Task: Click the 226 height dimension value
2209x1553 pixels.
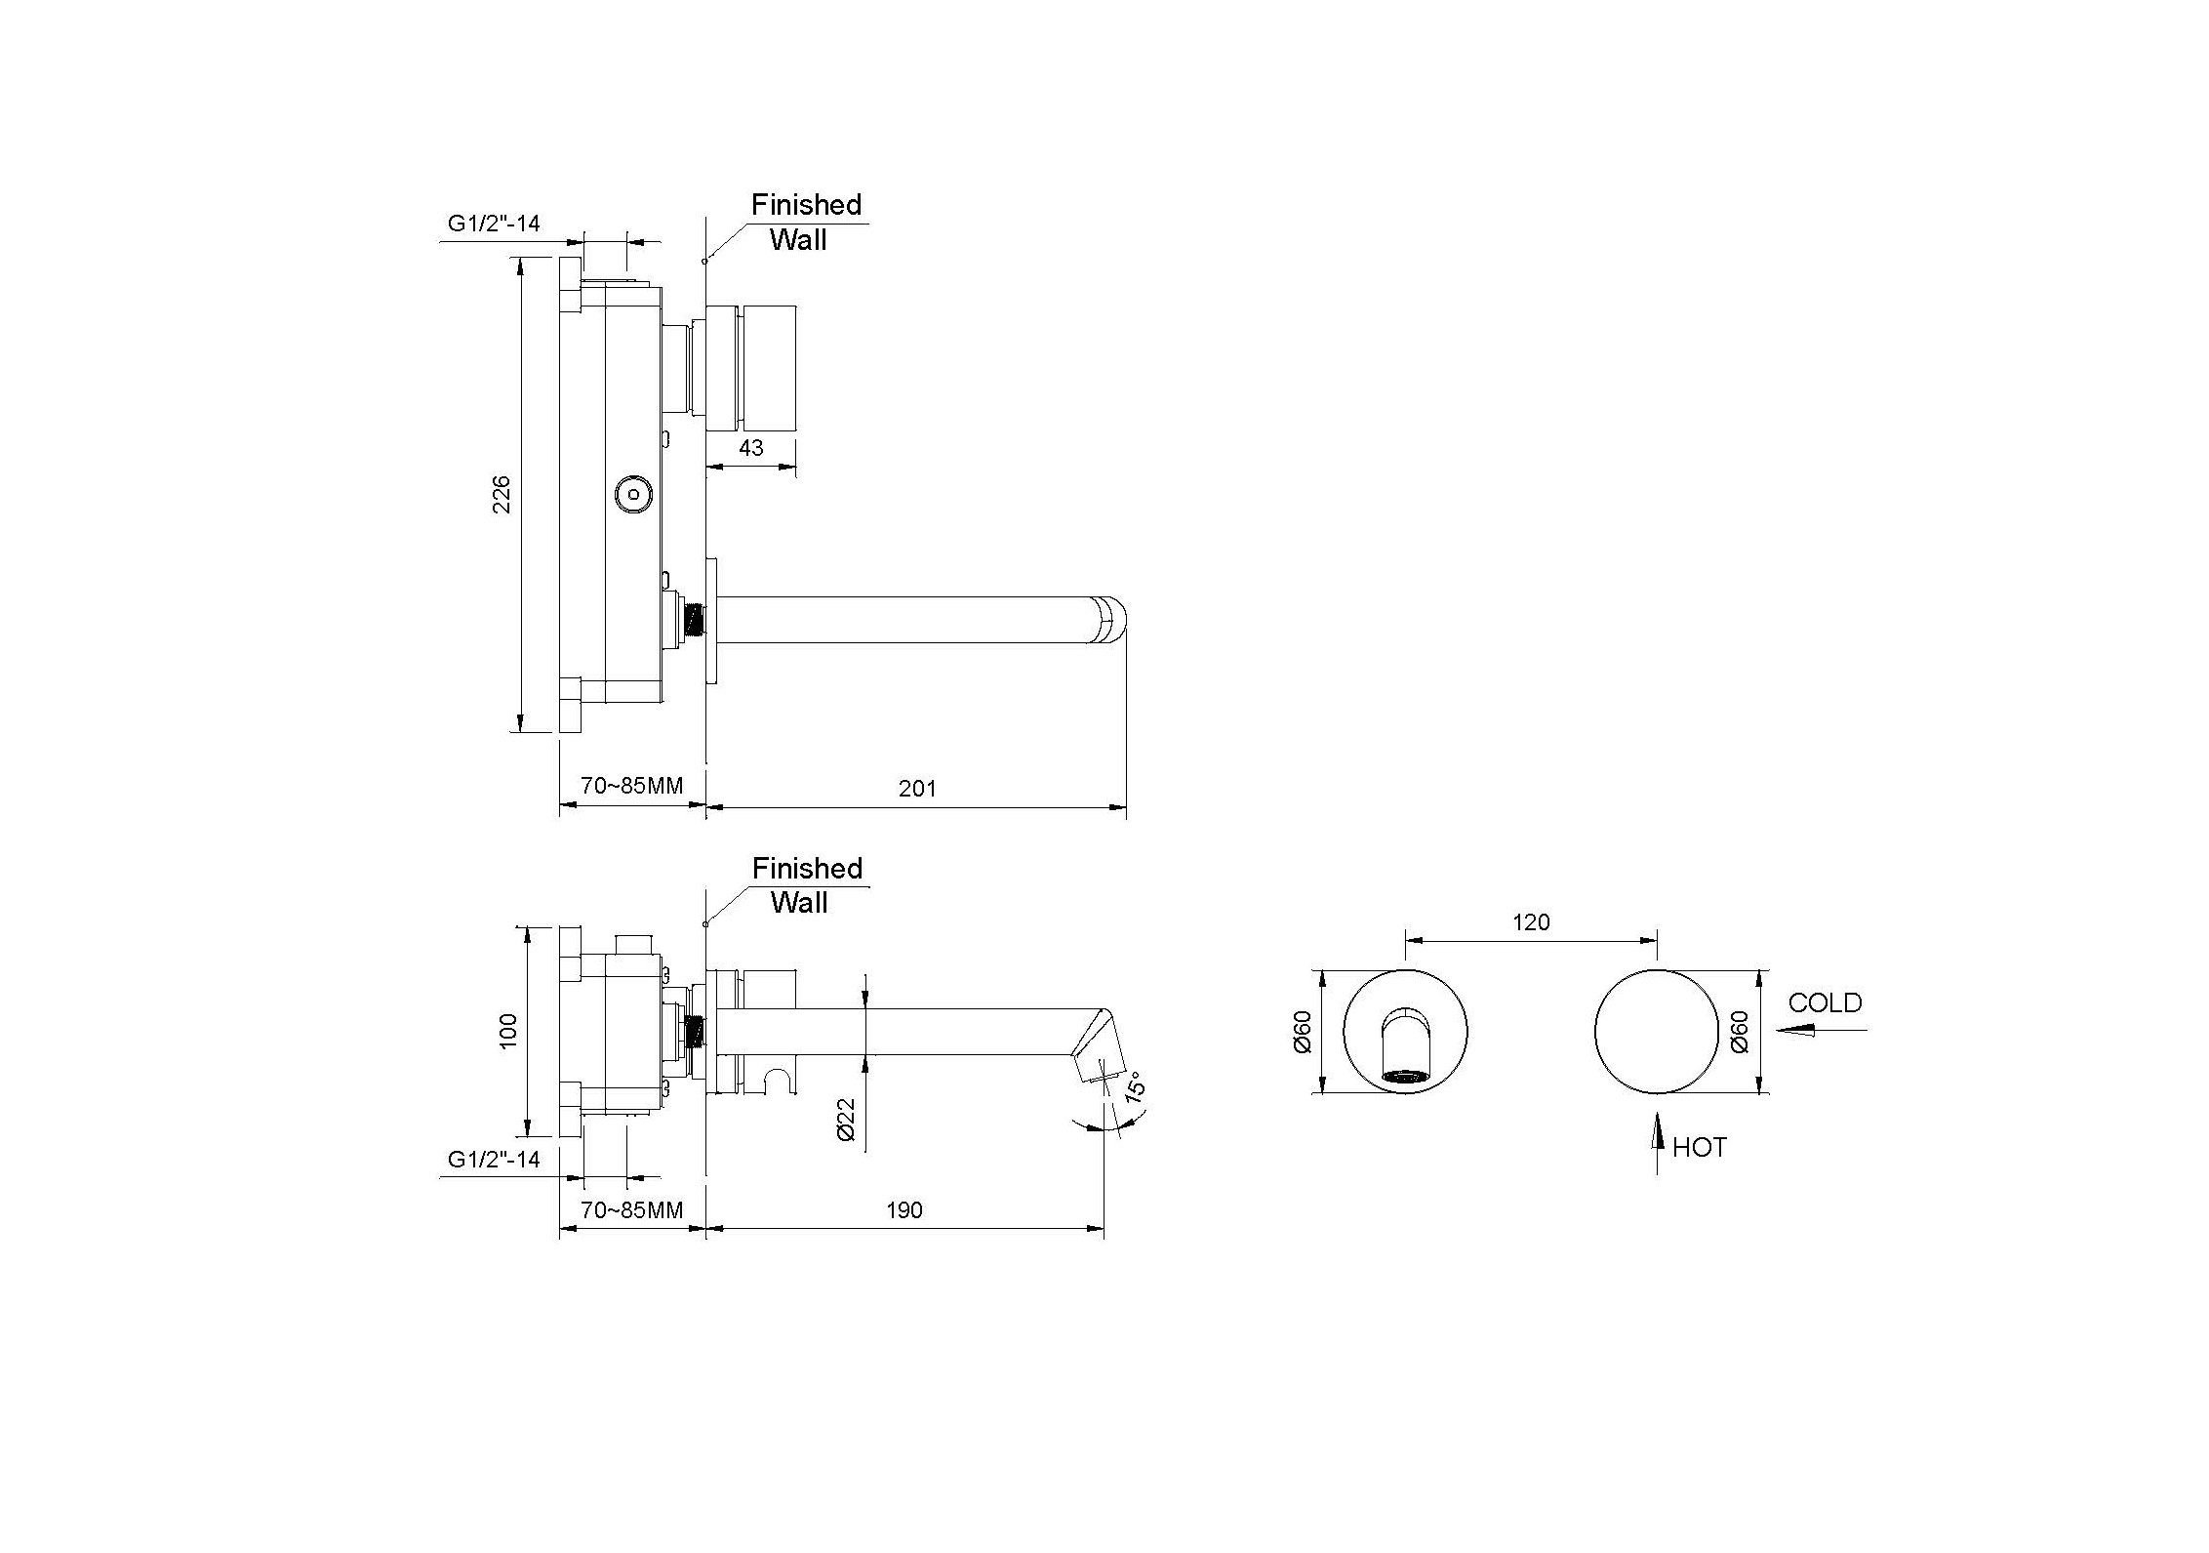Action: [x=500, y=494]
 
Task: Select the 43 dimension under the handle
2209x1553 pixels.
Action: [x=750, y=447]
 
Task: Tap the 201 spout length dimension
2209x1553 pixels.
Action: [x=917, y=788]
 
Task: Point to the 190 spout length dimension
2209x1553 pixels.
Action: [x=904, y=1210]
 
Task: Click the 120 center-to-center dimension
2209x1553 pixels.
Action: [x=1531, y=922]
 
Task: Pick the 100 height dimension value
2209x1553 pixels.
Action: [x=508, y=1032]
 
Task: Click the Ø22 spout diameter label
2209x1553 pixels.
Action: [x=846, y=1119]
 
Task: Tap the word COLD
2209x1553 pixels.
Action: [x=1826, y=1002]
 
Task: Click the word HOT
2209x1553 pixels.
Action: [x=1700, y=1147]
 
